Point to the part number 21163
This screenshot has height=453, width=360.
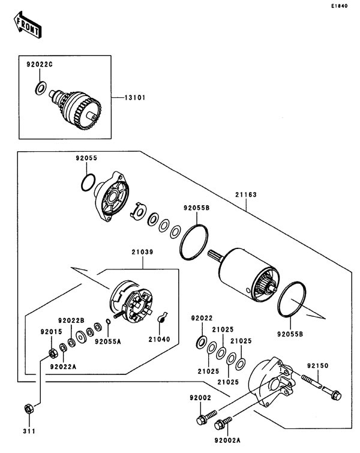246,195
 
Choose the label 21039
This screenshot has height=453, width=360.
143,253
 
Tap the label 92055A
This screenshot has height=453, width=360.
108,342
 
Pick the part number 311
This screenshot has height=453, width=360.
29,431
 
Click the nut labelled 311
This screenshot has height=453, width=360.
28,409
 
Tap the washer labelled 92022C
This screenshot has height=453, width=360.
41,88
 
